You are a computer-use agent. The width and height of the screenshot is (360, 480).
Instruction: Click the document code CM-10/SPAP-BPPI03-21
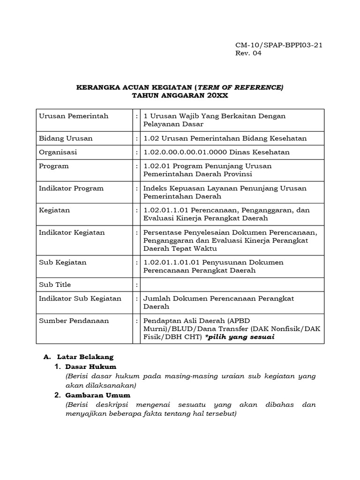[278, 45]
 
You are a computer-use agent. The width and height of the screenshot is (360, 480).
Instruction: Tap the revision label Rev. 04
[248, 53]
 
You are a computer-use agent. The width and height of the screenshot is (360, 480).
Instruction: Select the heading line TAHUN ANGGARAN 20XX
[180, 96]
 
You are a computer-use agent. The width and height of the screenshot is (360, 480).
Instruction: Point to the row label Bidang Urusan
[66, 138]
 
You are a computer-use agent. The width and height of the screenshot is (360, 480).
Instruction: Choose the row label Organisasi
[58, 152]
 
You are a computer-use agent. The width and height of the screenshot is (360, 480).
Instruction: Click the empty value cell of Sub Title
[232, 285]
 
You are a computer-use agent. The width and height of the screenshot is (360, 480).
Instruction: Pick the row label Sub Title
[55, 285]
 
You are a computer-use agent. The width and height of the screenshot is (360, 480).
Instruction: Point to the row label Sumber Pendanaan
[74, 321]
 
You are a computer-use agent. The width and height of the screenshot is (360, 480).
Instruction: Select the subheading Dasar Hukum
[90, 366]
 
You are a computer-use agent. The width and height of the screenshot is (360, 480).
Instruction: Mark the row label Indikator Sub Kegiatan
[80, 298]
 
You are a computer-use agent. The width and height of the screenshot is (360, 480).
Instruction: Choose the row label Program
[54, 166]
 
